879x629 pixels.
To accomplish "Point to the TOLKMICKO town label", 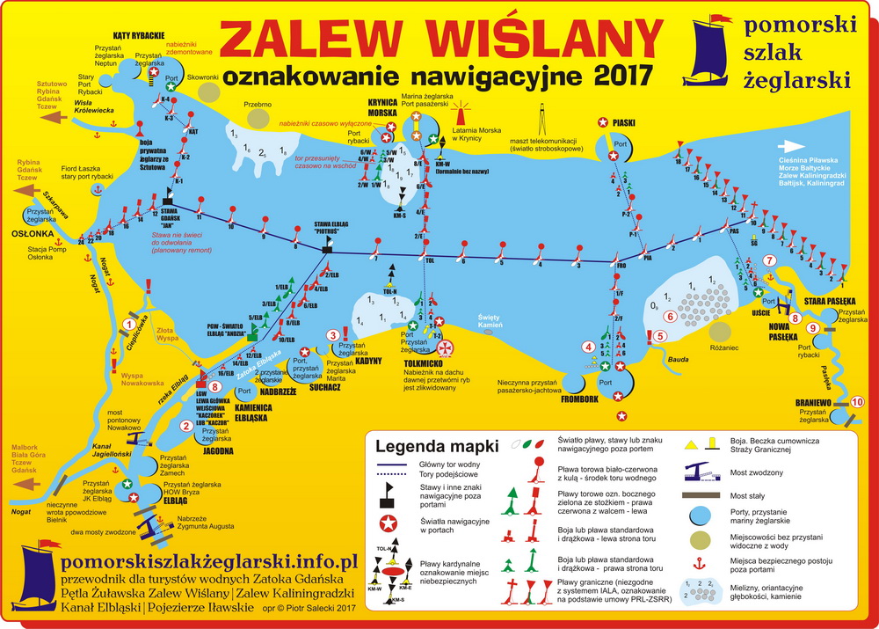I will [x=409, y=362].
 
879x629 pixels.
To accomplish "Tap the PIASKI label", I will [x=624, y=123].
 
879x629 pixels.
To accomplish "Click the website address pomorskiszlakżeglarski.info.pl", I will [x=207, y=560].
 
